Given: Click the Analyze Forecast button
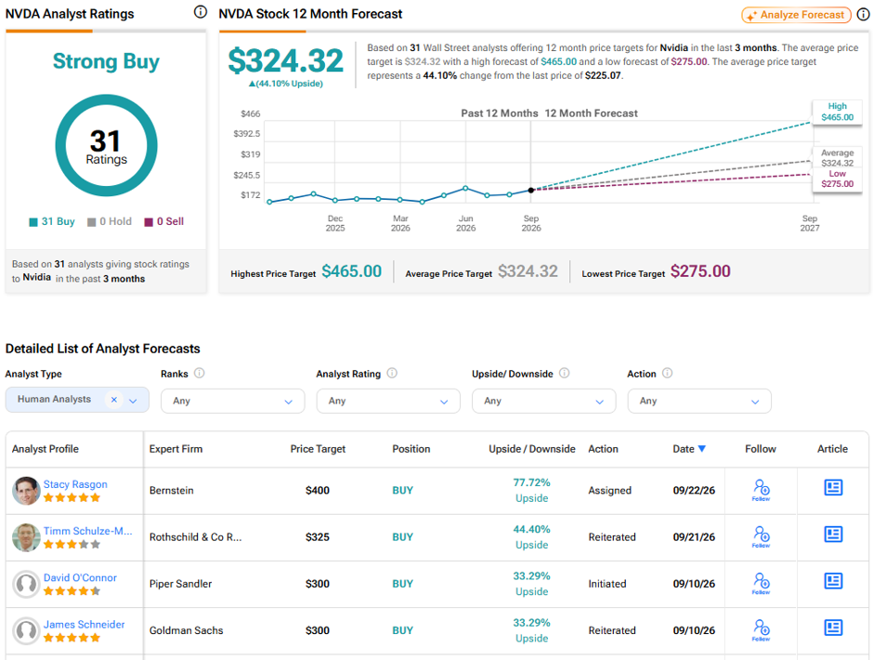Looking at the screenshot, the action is click(796, 15).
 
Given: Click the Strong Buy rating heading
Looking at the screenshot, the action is click(106, 61).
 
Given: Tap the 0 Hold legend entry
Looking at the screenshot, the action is click(110, 221).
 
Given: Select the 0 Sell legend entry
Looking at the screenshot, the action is click(164, 221).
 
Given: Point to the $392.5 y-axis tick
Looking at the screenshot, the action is click(247, 134).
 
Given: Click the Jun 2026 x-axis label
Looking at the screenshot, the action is click(466, 223).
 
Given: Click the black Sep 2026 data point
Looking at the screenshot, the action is click(531, 190).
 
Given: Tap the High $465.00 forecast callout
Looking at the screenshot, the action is click(838, 112).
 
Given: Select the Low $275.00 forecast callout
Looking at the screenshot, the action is click(838, 178).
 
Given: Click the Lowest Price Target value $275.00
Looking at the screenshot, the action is click(700, 271).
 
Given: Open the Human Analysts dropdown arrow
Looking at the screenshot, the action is click(133, 401).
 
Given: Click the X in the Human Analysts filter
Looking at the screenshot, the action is click(113, 400).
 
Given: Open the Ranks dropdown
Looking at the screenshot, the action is click(233, 401).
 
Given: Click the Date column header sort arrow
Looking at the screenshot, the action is click(701, 449).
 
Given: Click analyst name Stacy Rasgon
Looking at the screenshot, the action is click(75, 484).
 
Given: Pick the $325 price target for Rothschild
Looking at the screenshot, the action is click(318, 537).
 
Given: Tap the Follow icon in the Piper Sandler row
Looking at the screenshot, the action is click(762, 584).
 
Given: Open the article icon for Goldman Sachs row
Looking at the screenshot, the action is click(833, 627).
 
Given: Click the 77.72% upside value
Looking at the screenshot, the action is click(532, 482).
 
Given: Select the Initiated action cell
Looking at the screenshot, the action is click(607, 584).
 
